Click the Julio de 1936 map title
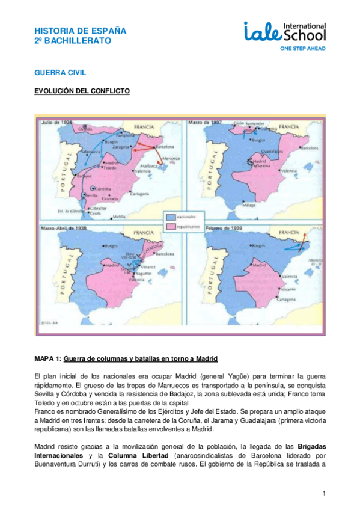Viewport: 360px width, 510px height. (56, 122)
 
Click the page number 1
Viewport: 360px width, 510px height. (324, 494)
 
